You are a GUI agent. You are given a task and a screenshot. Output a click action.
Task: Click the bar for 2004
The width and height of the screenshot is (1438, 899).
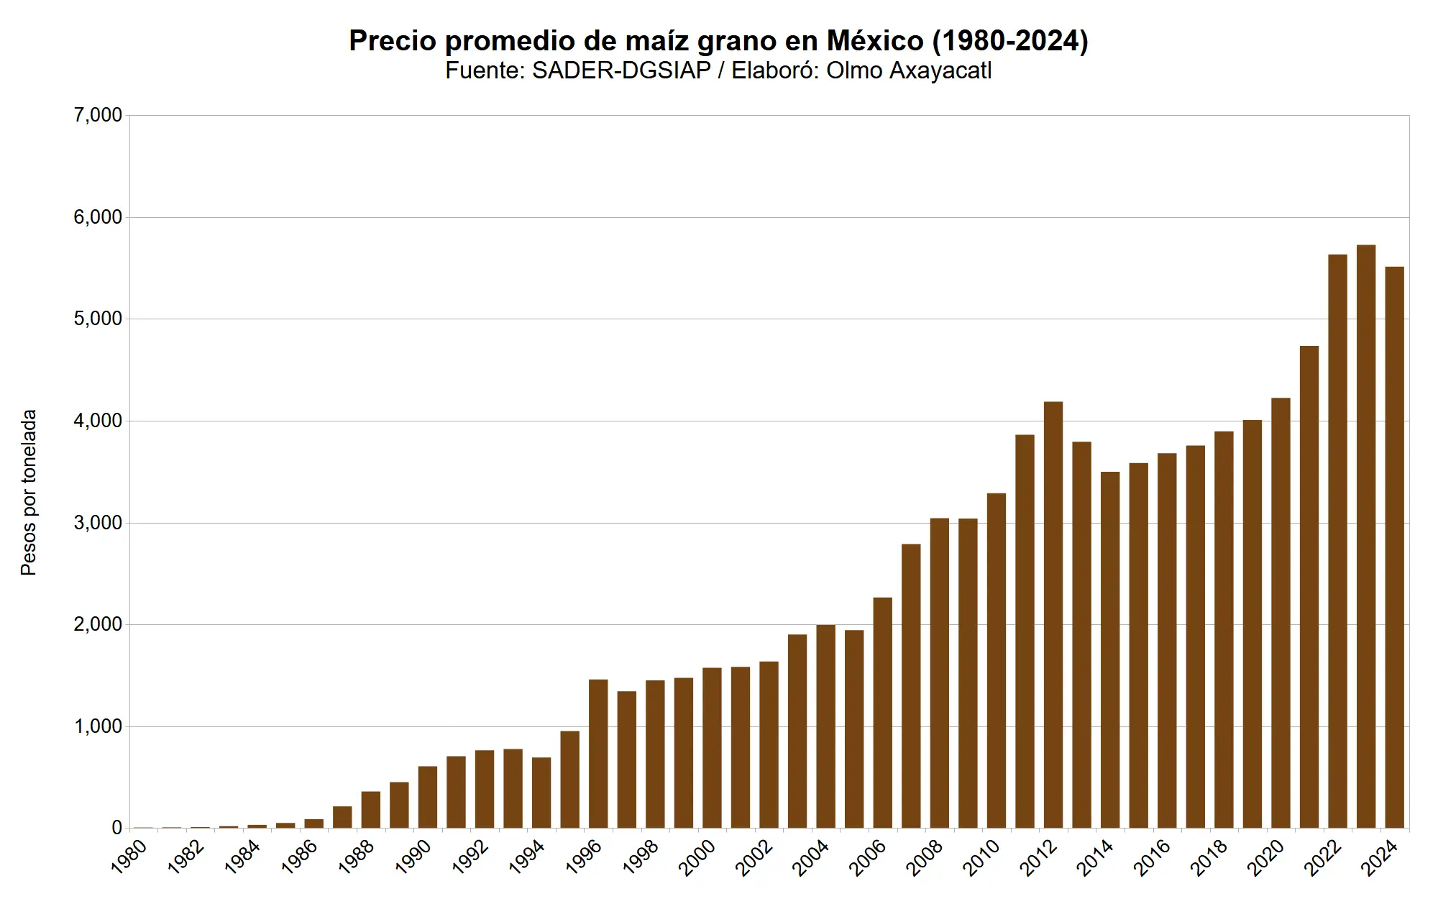tap(826, 726)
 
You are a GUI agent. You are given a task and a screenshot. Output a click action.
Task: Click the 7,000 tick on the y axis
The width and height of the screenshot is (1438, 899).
tap(98, 115)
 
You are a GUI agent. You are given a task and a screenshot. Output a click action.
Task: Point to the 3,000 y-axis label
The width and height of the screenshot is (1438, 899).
tap(98, 523)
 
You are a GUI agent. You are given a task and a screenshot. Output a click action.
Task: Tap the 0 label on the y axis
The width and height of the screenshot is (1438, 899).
tap(116, 829)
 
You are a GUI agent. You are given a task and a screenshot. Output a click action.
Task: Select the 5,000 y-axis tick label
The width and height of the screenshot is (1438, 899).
tap(98, 319)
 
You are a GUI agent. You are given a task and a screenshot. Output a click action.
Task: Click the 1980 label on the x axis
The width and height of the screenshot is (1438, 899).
tap(130, 856)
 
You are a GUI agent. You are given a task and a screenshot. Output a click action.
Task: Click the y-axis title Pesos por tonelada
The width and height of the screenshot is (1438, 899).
tap(29, 493)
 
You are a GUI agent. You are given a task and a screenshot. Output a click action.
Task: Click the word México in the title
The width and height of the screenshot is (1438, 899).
tap(875, 41)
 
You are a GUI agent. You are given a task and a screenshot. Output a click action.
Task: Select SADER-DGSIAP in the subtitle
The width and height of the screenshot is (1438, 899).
tap(621, 70)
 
